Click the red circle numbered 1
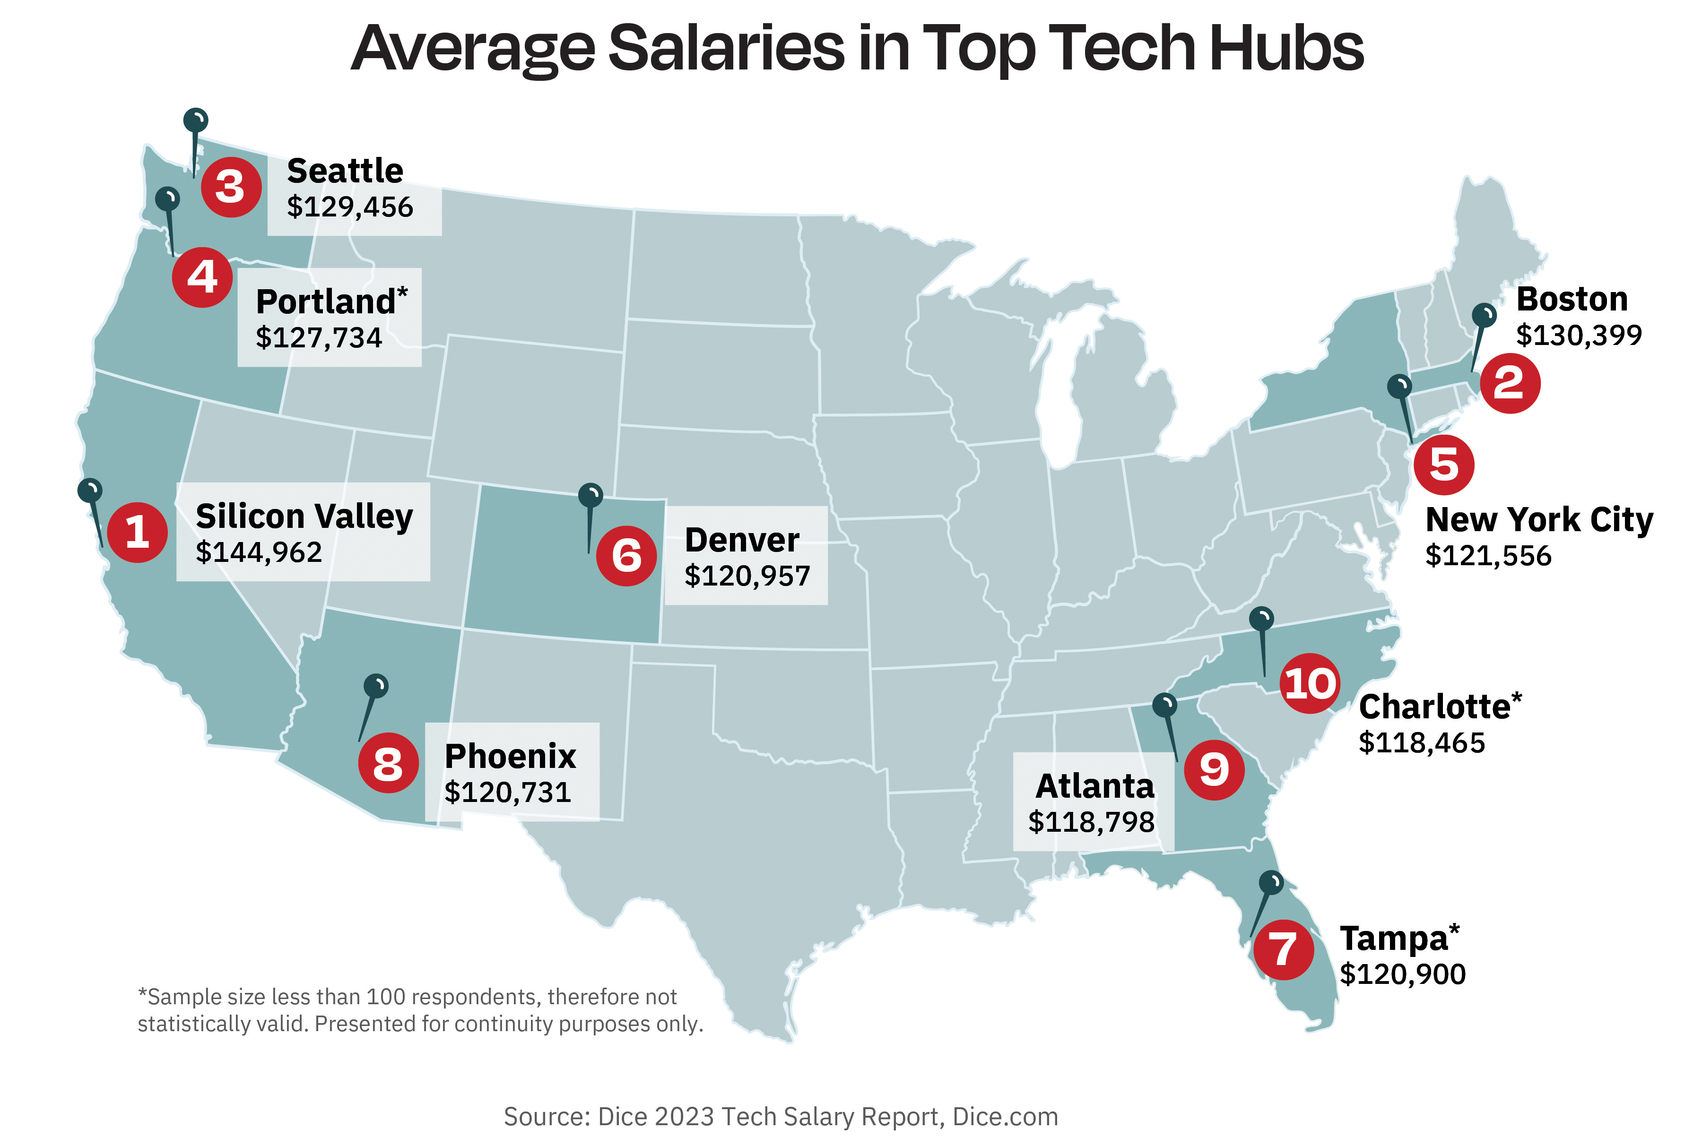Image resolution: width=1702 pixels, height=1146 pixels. point(138,532)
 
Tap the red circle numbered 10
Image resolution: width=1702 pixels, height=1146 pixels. point(1310,683)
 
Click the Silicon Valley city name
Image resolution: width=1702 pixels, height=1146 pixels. point(304,516)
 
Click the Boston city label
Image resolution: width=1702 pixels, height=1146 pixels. point(1572,300)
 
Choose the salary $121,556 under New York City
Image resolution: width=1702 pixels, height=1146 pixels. point(1488,555)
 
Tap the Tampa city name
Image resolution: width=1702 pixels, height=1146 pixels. point(1393,939)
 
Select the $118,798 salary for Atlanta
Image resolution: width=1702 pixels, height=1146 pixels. point(1092,822)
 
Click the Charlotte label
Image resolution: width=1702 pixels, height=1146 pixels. point(1434,707)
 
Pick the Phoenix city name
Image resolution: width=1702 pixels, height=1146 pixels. point(510,757)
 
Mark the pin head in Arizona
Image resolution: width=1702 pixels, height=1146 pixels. point(376,685)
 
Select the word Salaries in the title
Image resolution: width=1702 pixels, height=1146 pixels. point(726,48)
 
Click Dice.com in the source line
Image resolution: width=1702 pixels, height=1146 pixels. point(1005,1117)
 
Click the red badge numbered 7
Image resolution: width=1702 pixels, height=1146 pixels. point(1284,949)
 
